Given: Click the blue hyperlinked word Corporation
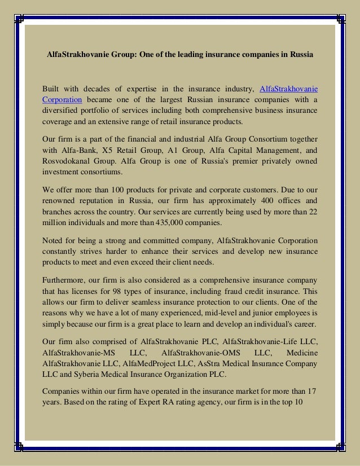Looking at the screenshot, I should coord(63,99).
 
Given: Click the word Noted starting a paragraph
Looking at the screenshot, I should coord(54,240).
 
